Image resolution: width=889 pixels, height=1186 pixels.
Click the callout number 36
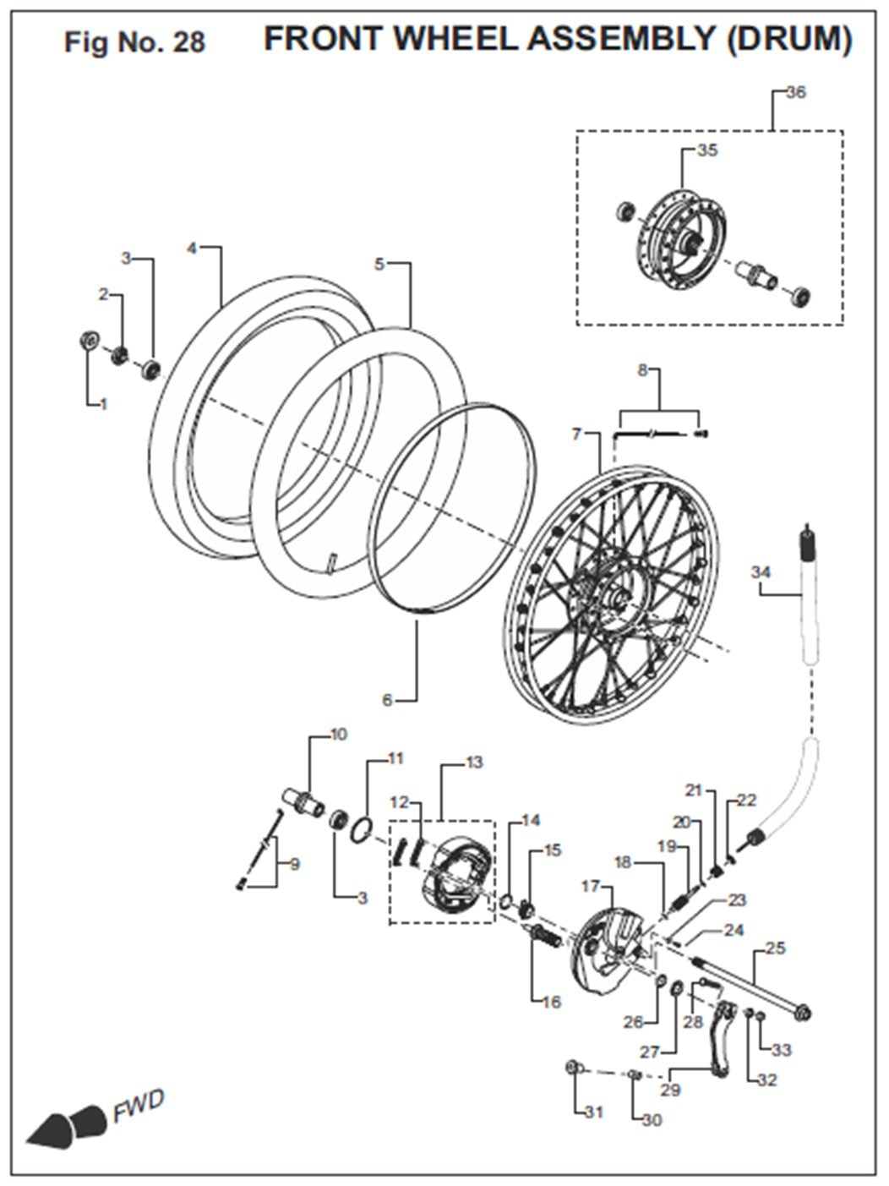point(796,93)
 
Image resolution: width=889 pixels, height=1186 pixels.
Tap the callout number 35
point(707,151)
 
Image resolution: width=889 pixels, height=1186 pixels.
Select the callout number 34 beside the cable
point(761,573)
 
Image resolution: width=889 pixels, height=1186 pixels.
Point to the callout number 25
point(774,948)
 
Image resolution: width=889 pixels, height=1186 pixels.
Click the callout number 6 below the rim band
point(387,701)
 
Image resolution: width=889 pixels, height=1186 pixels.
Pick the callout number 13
point(474,763)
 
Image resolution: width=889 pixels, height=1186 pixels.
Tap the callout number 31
point(594,1112)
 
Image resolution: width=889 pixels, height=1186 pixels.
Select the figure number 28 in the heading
point(188,42)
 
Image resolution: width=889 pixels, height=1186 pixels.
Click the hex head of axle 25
point(804,1011)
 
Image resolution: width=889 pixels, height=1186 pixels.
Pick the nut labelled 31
point(573,1068)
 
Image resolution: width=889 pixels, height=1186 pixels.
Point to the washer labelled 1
point(86,341)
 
